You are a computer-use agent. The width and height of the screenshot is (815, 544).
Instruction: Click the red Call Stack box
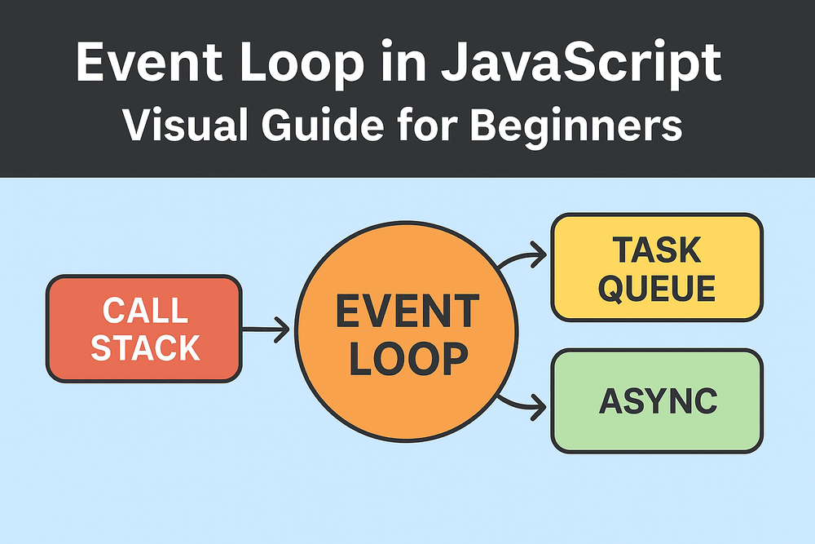(143, 329)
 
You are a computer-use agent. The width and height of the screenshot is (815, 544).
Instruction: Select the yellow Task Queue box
(657, 268)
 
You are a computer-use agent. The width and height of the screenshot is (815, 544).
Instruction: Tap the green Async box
(657, 400)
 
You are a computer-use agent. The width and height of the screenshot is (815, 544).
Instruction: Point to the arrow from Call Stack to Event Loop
(267, 329)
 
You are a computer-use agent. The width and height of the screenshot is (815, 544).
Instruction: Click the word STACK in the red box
(145, 347)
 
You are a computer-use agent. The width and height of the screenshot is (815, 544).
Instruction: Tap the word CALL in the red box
(145, 311)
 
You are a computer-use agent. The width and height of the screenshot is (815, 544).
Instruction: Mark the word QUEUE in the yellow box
(657, 288)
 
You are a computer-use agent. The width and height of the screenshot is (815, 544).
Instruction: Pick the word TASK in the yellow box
(657, 250)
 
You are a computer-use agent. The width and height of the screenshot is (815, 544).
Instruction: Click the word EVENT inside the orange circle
(406, 312)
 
